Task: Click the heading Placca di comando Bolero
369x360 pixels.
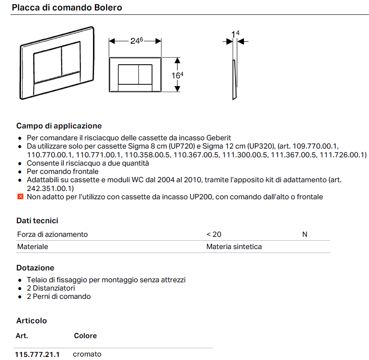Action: click(67, 7)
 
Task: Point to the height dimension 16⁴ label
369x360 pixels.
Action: click(177, 75)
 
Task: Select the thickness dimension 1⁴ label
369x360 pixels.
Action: click(236, 34)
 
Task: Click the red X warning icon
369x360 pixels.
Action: click(20, 197)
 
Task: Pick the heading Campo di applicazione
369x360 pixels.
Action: click(59, 126)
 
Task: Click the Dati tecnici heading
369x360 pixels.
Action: click(37, 221)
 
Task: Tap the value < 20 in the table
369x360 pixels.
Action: click(214, 234)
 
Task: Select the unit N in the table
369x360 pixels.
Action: click(305, 234)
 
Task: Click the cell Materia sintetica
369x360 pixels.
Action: click(234, 246)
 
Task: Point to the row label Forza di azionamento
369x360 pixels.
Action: click(52, 234)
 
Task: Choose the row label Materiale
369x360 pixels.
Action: click(33, 246)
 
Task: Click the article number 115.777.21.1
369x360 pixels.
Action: click(37, 354)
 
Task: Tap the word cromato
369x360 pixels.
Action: click(87, 354)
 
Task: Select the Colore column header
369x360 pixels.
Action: click(85, 336)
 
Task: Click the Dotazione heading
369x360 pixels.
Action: click(35, 267)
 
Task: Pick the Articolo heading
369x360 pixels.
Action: click(31, 320)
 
